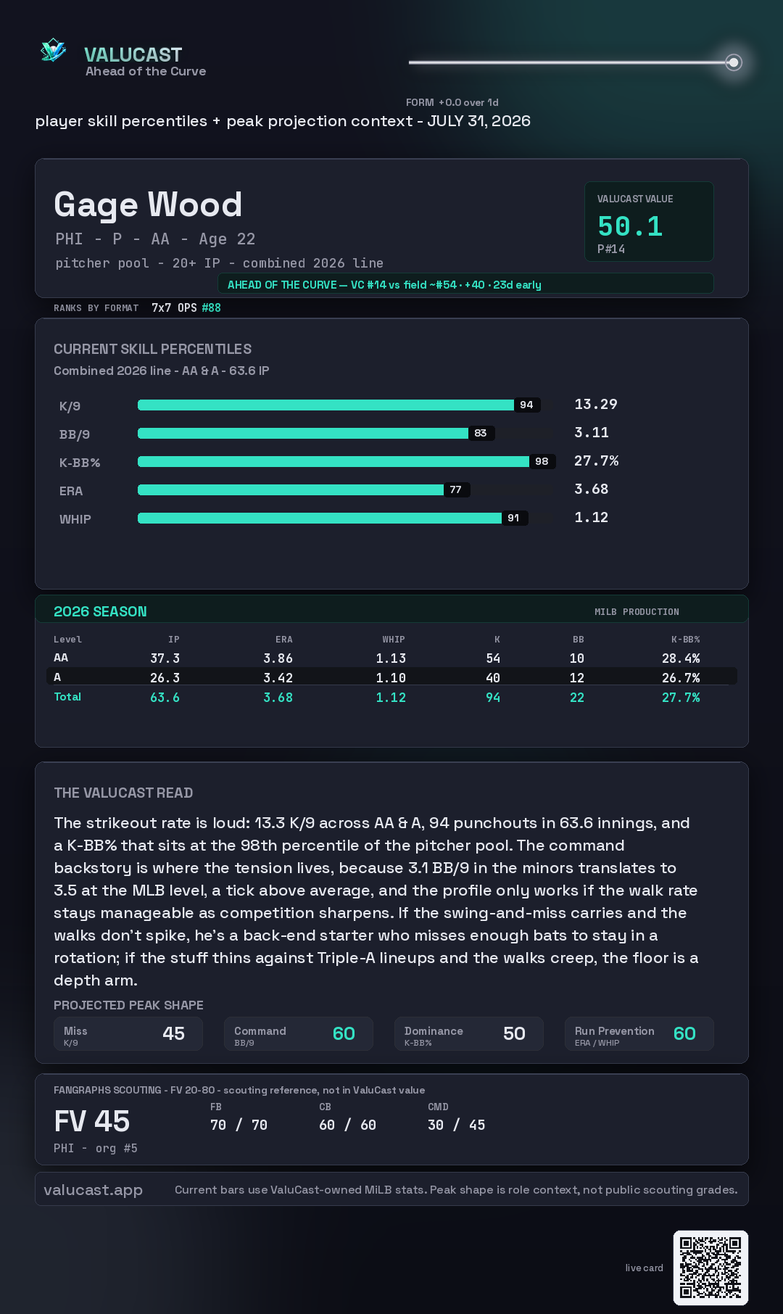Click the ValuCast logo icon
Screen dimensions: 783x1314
tap(53, 50)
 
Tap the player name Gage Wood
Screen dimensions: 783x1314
tap(148, 204)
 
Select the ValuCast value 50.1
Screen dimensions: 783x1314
tap(630, 226)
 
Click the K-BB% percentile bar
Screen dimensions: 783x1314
tap(333, 461)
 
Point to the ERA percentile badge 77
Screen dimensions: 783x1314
tap(455, 489)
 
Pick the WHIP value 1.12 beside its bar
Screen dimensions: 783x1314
tap(591, 517)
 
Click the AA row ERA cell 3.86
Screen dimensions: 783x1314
tap(278, 658)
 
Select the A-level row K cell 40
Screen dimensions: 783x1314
tap(493, 677)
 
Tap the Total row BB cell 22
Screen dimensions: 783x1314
tap(577, 697)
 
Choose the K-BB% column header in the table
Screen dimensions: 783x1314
tap(685, 640)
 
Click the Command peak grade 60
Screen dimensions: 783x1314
tap(344, 1033)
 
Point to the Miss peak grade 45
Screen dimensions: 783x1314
tap(173, 1033)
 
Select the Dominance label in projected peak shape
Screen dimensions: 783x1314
tap(434, 1030)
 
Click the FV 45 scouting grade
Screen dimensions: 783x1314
tap(92, 1121)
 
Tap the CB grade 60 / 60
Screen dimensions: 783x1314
tap(347, 1125)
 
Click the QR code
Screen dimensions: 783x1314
tap(710, 1268)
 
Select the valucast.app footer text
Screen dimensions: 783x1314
tap(93, 1190)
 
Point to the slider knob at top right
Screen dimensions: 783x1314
tap(734, 62)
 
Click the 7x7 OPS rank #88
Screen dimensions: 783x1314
tap(211, 307)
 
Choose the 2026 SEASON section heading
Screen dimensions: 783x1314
tap(100, 611)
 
